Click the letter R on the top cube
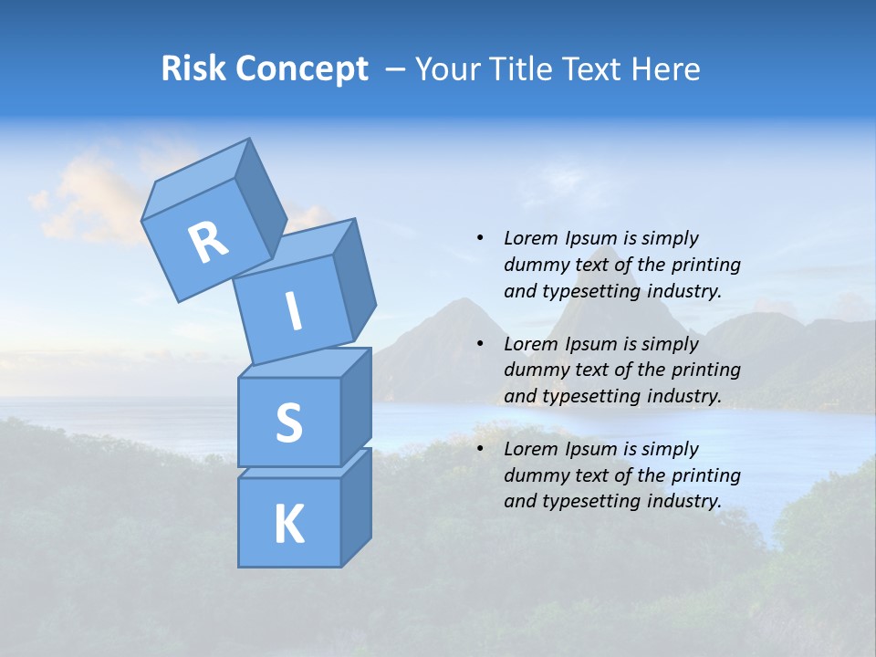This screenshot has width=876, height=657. point(209,243)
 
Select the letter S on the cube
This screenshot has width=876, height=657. point(288,423)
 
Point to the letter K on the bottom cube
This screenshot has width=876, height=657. point(288,525)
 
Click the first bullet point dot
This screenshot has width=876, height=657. point(480,238)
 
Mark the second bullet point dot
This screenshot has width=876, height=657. point(480,344)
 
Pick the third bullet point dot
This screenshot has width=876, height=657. point(480,449)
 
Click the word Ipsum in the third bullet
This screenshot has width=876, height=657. point(592,449)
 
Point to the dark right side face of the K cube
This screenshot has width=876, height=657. point(356,507)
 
